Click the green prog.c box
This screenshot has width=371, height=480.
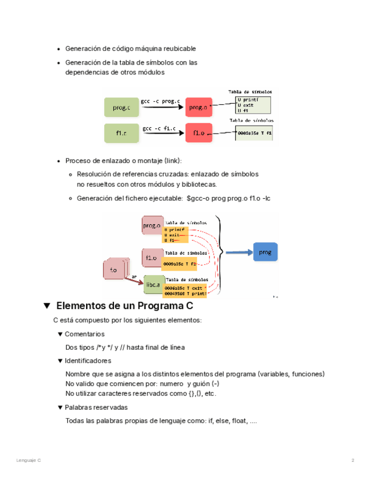pyautogui.click(x=121, y=107)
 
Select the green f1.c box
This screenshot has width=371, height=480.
pyautogui.click(x=121, y=133)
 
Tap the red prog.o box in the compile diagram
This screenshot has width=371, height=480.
pyautogui.click(x=198, y=107)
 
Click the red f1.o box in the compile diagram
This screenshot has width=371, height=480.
pyautogui.click(x=198, y=133)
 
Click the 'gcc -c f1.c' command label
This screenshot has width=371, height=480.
pyautogui.click(x=161, y=128)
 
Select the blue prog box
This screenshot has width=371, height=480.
pyautogui.click(x=265, y=252)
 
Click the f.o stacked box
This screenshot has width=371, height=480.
pyautogui.click(x=114, y=270)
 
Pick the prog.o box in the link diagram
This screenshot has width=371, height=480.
pyautogui.click(x=152, y=225)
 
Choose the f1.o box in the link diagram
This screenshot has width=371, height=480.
pyautogui.click(x=151, y=259)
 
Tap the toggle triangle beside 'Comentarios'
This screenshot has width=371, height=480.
pyautogui.click(x=60, y=335)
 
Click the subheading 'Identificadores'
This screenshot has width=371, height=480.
pyautogui.click(x=88, y=361)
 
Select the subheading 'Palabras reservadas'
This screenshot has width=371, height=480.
pyautogui.click(x=96, y=408)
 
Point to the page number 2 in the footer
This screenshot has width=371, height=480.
pyautogui.click(x=352, y=460)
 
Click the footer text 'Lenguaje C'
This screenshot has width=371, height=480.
pyautogui.click(x=29, y=460)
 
